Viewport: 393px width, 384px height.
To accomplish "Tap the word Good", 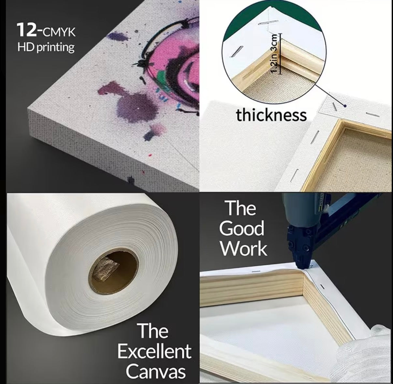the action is tap(241, 228).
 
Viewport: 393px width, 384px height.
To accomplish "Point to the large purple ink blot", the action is tap(137, 107).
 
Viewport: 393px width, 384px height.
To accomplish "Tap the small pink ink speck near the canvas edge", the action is tap(150, 155).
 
